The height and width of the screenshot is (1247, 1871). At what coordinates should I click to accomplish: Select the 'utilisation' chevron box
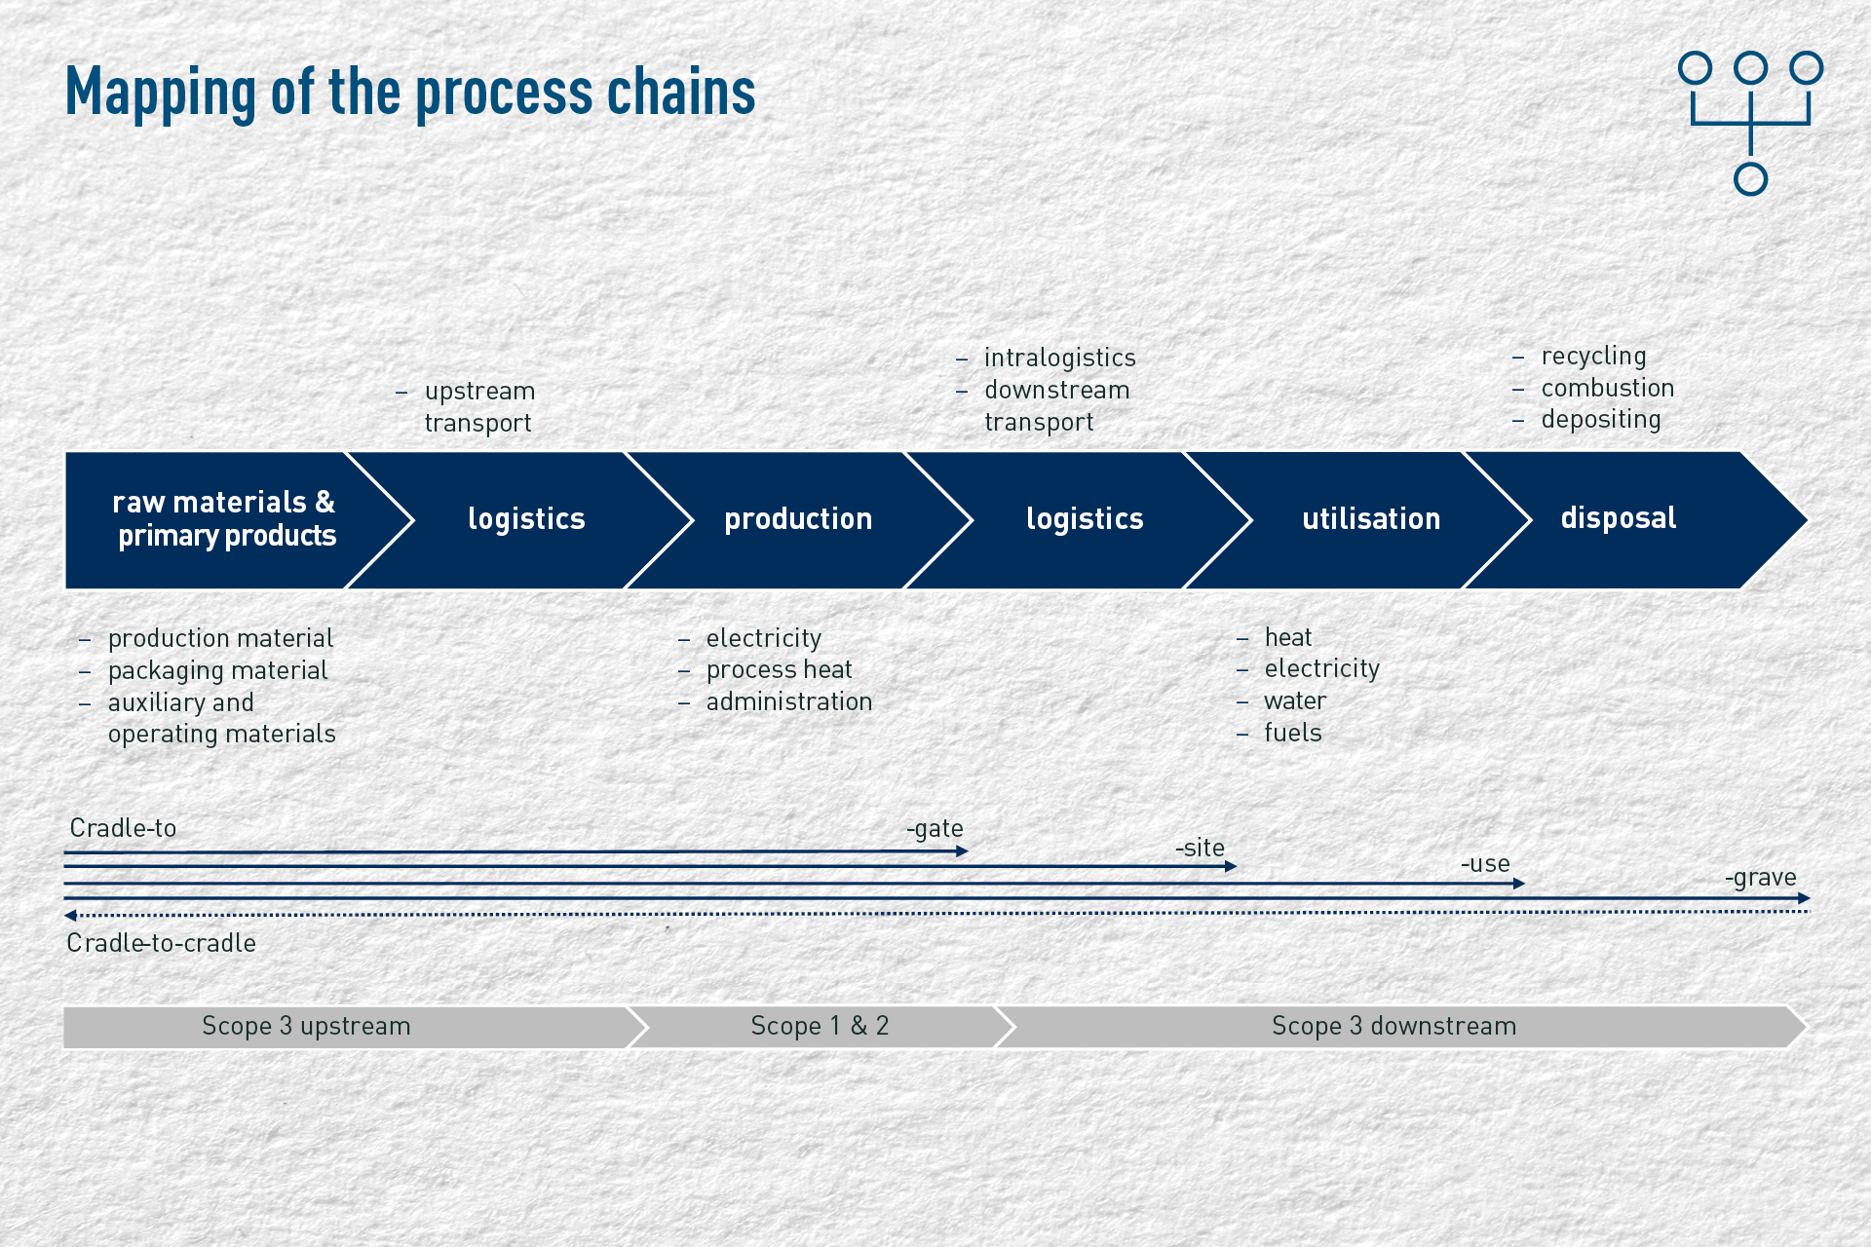coord(1364,519)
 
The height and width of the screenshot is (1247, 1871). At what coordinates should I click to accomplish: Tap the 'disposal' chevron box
coord(1627,519)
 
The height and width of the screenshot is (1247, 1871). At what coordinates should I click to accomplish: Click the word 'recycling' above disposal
coord(1593,357)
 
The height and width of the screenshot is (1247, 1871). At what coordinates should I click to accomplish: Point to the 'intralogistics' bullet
coord(1059,358)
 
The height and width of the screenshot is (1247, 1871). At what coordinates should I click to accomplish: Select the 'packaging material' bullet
coord(217,670)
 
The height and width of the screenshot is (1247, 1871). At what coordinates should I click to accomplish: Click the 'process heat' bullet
coord(779,669)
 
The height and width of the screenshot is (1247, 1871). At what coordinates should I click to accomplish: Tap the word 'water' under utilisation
coord(1295,700)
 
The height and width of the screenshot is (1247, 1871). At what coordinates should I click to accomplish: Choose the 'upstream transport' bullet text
coord(479,406)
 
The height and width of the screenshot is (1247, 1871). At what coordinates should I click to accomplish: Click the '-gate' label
coord(935,828)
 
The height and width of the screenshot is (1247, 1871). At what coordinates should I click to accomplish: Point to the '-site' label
coord(1200,848)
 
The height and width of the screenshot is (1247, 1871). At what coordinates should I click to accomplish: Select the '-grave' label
coord(1760,878)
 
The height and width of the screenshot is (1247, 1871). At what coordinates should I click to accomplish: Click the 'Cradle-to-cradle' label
coord(161,943)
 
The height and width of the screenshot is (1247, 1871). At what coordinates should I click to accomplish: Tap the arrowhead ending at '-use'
coord(1519,884)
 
